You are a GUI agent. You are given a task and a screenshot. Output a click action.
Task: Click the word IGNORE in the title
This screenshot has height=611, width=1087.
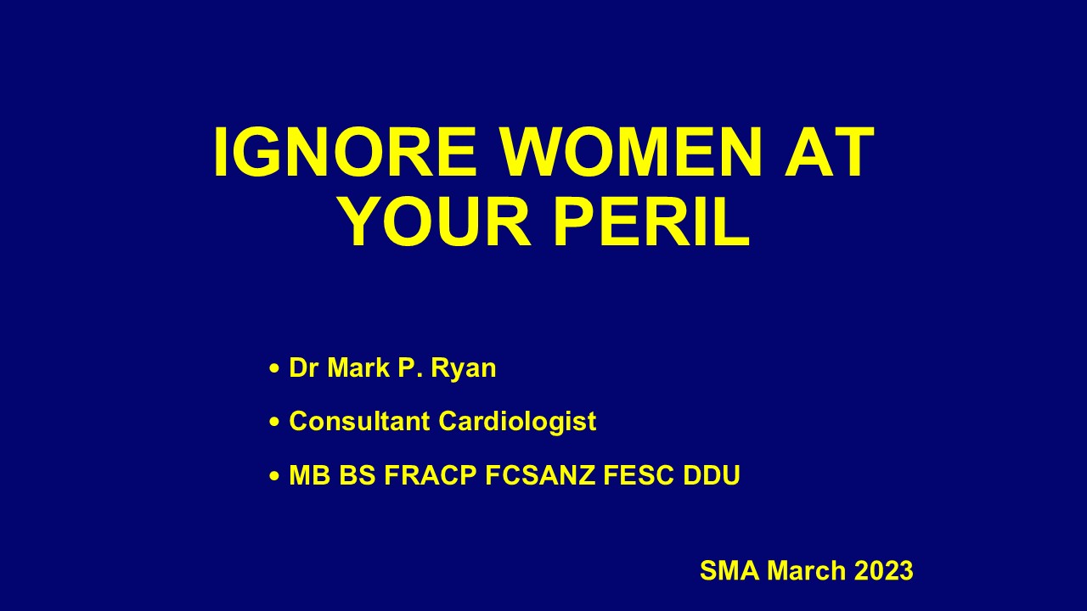(345, 152)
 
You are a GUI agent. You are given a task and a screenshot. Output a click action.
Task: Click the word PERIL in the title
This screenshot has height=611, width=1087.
(651, 221)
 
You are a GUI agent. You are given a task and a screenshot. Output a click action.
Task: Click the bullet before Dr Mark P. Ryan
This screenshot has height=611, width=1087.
(274, 368)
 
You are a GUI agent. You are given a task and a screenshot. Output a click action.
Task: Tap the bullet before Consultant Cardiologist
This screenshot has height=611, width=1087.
(274, 422)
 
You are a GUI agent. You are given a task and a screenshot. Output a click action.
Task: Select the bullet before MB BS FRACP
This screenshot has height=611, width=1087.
(274, 476)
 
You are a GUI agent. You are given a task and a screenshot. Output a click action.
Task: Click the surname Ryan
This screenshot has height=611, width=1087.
(464, 369)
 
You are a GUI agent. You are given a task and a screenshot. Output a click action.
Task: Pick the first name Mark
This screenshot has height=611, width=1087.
(358, 367)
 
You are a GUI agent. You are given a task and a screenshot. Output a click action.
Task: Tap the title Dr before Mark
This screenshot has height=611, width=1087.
(304, 367)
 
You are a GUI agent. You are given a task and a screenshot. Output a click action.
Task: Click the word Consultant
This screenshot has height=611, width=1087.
(359, 421)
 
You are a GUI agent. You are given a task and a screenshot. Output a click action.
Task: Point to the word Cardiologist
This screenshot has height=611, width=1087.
(517, 423)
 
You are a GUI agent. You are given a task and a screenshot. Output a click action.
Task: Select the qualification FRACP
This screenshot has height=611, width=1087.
(431, 474)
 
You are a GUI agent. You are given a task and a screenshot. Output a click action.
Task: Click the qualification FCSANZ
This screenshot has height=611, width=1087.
(540, 474)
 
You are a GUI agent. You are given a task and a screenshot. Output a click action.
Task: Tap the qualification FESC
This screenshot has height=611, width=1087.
(639, 474)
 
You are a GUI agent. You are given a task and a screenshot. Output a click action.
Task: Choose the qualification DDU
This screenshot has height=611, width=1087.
(712, 474)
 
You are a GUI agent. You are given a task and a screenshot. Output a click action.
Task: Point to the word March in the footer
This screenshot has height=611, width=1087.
(806, 570)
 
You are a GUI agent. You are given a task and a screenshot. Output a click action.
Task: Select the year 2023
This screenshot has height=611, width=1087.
(884, 570)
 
